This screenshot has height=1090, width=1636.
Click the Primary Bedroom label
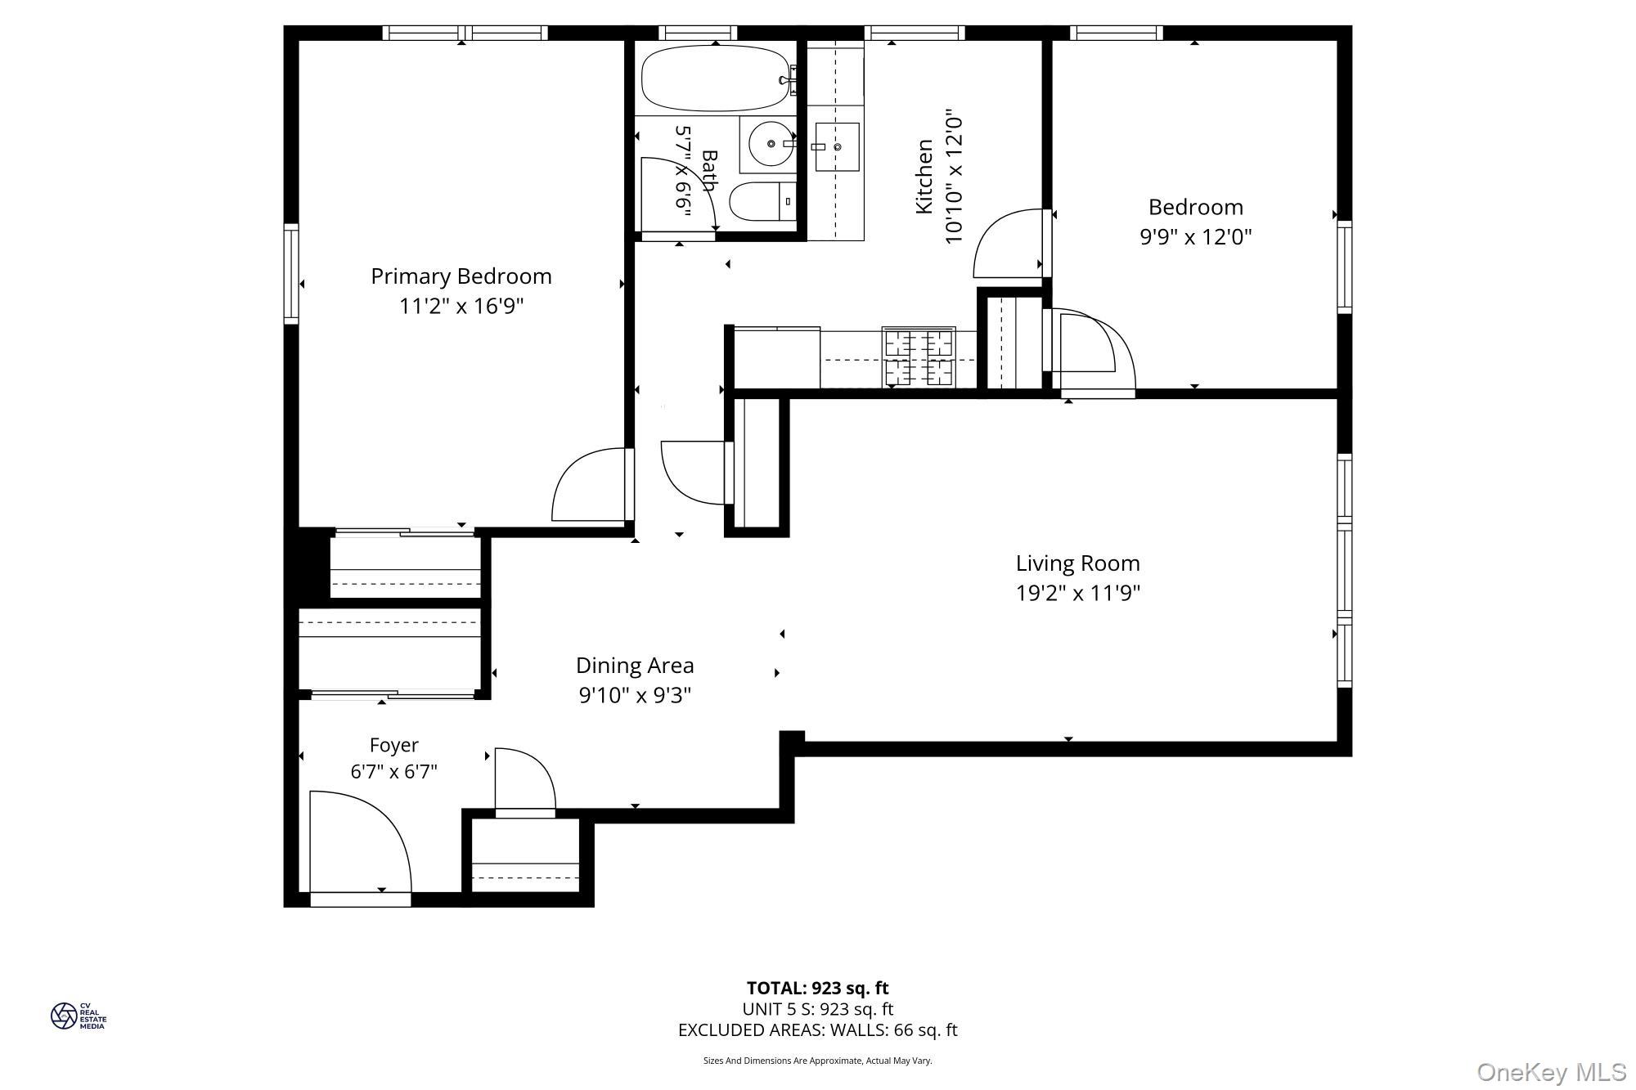[461, 276]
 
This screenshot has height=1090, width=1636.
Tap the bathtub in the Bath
[715, 78]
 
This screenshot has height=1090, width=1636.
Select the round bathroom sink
[770, 144]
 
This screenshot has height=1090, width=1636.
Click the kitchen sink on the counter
[835, 147]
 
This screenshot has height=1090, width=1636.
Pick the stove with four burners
[919, 357]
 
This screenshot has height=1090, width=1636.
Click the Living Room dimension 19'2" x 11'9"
[1077, 593]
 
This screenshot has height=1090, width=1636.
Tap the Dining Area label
[634, 666]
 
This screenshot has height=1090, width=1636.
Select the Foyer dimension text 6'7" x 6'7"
[393, 772]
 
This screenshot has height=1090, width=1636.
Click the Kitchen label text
[924, 177]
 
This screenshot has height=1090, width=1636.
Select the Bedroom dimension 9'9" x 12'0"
[1195, 237]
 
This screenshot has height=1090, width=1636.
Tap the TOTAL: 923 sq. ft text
[817, 988]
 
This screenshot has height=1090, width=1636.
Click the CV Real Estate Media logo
[78, 1016]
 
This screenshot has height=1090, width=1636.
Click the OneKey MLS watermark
[1552, 1072]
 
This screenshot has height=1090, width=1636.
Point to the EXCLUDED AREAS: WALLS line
[817, 1030]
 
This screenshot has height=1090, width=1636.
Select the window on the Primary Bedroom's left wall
[291, 273]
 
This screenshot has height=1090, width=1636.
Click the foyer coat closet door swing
[524, 781]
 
